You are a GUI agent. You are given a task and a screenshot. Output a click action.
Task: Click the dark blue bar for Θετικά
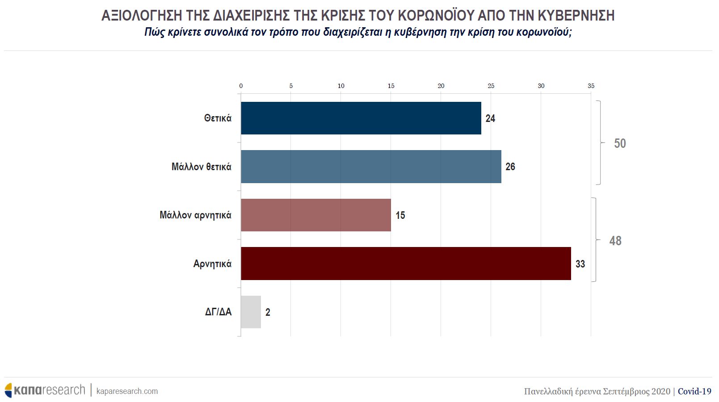pyautogui.click(x=361, y=118)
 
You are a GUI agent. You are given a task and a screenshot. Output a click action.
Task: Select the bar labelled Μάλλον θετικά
pyautogui.click(x=371, y=167)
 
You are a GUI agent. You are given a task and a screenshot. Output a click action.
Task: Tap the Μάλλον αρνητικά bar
pyautogui.click(x=315, y=215)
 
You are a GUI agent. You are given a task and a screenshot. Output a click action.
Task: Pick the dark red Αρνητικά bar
pyautogui.click(x=406, y=264)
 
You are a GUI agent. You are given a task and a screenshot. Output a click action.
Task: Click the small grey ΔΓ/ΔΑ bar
pyautogui.click(x=251, y=312)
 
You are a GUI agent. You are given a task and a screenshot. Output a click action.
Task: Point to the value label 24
pyautogui.click(x=490, y=118)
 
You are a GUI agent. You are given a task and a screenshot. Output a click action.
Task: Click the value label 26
pyautogui.click(x=510, y=167)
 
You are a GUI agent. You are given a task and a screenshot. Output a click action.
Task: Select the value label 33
pyautogui.click(x=580, y=264)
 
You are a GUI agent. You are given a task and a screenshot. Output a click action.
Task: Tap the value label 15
pyautogui.click(x=400, y=215)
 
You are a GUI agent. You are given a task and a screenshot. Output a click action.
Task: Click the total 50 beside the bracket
pyautogui.click(x=620, y=143)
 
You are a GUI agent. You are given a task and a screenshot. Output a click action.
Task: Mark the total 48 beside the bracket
pyautogui.click(x=615, y=241)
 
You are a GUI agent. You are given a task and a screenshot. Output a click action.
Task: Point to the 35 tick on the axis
pyautogui.click(x=591, y=86)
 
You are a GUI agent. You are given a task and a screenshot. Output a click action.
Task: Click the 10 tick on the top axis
pyautogui.click(x=341, y=86)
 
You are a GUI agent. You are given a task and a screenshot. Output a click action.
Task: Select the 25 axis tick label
pyautogui.click(x=491, y=86)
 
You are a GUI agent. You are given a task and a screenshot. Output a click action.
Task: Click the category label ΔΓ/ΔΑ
pyautogui.click(x=218, y=312)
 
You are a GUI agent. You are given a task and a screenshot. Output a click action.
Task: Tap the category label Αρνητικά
pyautogui.click(x=212, y=264)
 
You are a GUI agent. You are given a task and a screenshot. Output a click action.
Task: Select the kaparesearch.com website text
pyautogui.click(x=127, y=391)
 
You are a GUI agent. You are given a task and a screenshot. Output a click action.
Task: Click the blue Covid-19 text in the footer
pyautogui.click(x=694, y=391)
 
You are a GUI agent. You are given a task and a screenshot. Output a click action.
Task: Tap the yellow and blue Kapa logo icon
pyautogui.click(x=8, y=390)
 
